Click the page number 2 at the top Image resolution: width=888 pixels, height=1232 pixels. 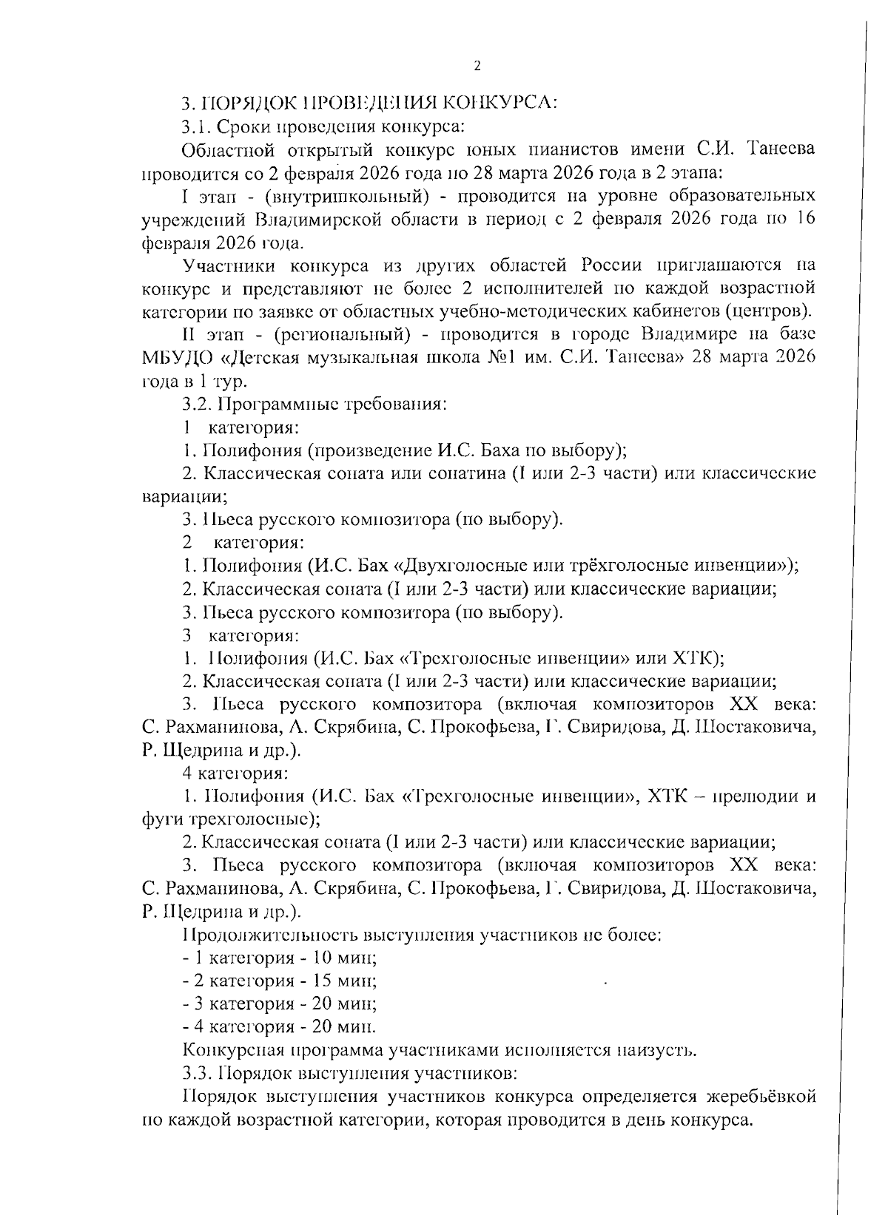pyautogui.click(x=477, y=67)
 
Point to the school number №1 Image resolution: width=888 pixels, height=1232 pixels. pyautogui.click(x=513, y=358)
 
